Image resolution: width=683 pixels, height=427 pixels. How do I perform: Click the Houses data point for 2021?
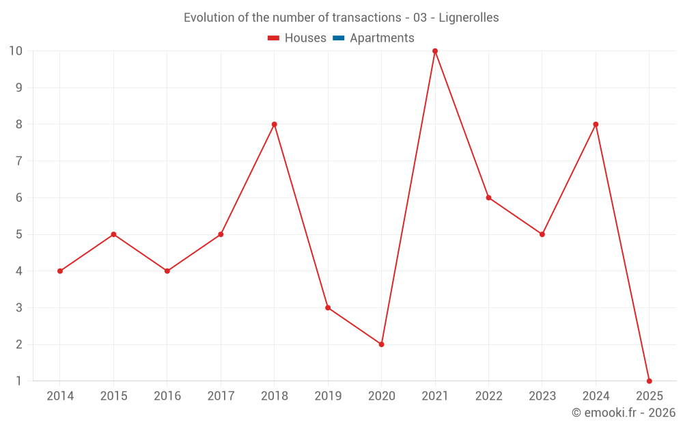435,51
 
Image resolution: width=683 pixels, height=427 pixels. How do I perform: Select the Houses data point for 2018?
274,124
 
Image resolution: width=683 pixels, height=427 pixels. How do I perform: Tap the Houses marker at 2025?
649,381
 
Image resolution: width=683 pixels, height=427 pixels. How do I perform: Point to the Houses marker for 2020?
381,344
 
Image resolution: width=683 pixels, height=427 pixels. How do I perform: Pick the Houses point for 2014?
60,271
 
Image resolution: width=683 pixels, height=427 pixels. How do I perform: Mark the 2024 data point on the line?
596,124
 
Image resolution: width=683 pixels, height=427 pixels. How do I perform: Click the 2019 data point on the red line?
328,307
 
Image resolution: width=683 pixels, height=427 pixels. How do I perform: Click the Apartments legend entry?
382,38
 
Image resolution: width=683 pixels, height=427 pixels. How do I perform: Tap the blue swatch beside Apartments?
338,38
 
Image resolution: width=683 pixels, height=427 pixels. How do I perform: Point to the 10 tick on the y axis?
16,51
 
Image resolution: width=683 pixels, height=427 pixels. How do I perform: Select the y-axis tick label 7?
19,161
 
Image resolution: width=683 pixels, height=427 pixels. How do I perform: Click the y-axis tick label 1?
19,381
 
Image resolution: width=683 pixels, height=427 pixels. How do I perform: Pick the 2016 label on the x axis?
167,396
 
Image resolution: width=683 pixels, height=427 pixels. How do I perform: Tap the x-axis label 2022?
488,396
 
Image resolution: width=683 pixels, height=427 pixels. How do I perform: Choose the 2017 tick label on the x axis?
221,396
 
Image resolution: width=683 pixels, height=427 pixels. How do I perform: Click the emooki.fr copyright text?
624,413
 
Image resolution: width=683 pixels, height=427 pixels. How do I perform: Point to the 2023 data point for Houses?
542,234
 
